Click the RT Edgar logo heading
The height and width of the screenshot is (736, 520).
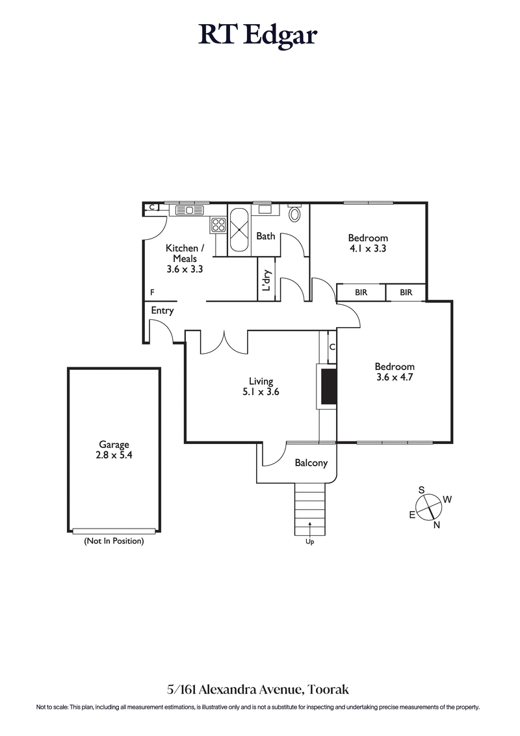tap(258, 35)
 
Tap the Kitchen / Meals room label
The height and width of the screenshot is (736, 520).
tap(185, 258)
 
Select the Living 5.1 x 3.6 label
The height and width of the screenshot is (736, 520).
tap(261, 387)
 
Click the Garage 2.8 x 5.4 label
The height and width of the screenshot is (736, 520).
tap(114, 450)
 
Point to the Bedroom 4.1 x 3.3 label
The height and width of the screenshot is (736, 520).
tap(367, 243)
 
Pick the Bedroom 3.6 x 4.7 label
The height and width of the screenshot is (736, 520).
tap(395, 371)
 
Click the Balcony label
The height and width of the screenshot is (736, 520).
tap(311, 463)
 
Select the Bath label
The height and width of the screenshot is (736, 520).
tap(265, 236)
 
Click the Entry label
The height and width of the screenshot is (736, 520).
tap(162, 311)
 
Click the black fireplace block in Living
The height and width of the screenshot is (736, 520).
tap(330, 386)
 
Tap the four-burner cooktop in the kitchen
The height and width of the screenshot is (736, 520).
tap(218, 226)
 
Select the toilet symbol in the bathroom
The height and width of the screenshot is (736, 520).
tap(294, 214)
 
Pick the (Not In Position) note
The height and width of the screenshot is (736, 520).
tap(114, 541)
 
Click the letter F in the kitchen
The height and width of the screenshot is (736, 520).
tap(152, 292)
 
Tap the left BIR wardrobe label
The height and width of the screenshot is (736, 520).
tap(361, 293)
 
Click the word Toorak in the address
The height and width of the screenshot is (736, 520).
tap(331, 689)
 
